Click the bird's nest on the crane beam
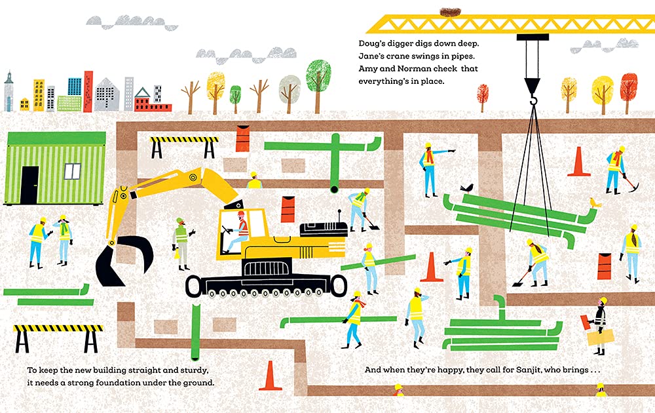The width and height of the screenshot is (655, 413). [449, 12]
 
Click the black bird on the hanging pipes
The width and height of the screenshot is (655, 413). [466, 188]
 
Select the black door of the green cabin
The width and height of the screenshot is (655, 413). [29, 185]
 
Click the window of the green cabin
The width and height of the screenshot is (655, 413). [72, 171]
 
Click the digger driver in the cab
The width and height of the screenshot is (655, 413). [238, 231]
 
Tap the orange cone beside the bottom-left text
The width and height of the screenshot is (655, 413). [271, 376]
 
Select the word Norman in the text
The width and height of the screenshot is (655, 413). [417, 69]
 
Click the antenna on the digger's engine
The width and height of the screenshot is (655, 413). [339, 216]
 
